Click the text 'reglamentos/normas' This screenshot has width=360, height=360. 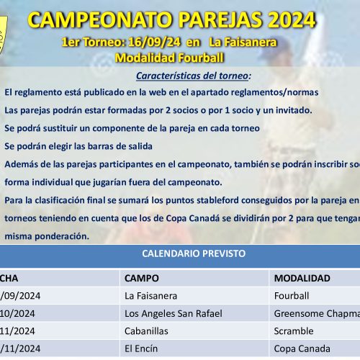point(266,93)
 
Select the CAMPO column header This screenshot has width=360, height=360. point(142,278)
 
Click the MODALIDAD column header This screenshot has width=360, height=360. point(302,278)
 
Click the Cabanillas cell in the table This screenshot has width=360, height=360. point(147,331)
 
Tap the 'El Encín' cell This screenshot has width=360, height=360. point(140,348)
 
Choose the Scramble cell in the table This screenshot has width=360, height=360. point(294,331)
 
